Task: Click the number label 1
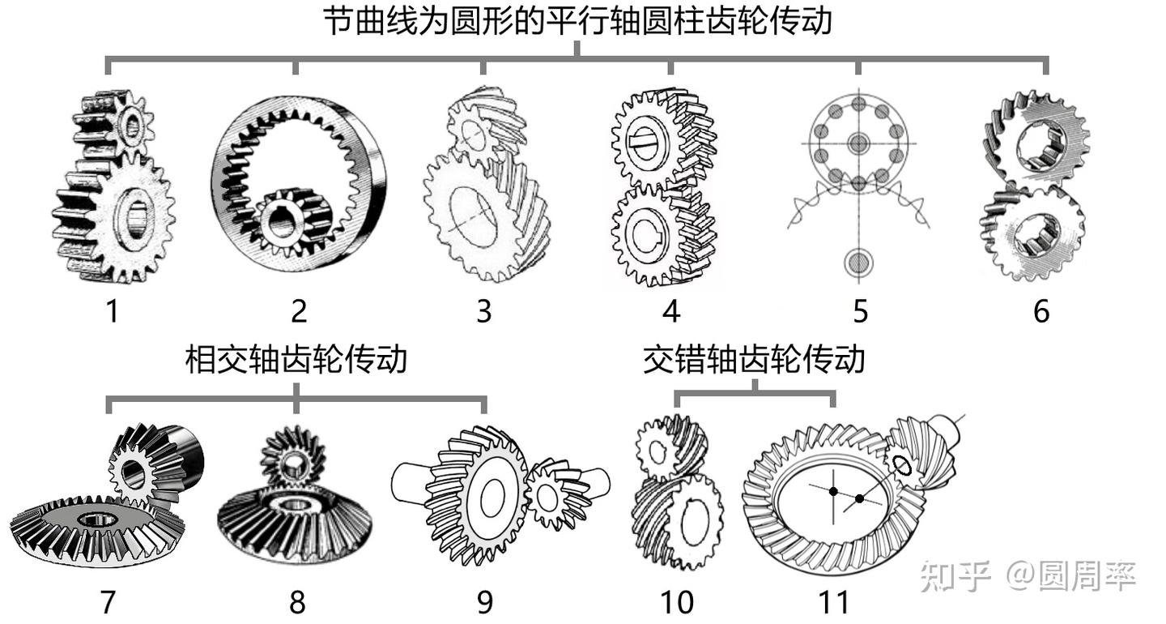pos(112,310)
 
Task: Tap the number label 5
pos(860,310)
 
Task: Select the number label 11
pos(833,602)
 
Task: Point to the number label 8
pos(297,602)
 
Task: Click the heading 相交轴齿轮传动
pos(296,359)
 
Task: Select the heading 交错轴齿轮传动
pos(754,359)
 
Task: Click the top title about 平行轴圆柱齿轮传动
pos(577,21)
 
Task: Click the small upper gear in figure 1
pos(121,123)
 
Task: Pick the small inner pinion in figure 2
pos(286,220)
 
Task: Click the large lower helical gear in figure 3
pos(478,211)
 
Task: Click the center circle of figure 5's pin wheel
pos(858,144)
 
